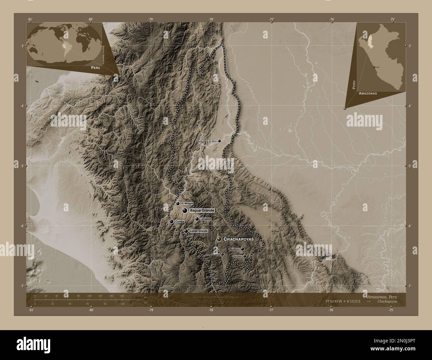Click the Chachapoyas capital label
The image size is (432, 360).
[x=239, y=239]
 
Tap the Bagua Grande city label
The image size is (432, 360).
[x=202, y=211]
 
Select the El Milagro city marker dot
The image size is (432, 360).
[x=178, y=204]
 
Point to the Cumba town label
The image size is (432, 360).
[x=179, y=222]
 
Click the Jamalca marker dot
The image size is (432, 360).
[x=197, y=219]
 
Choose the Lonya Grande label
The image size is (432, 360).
[x=198, y=231]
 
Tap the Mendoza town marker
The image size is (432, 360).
[x=243, y=249]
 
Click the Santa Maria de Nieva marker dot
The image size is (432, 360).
[x=219, y=141]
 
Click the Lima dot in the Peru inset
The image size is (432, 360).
[x=374, y=67]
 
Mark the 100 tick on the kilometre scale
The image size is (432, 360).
[x=89, y=296]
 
